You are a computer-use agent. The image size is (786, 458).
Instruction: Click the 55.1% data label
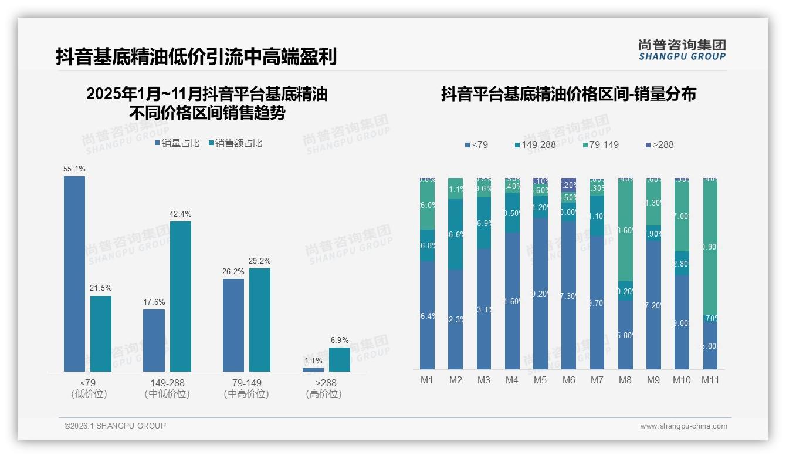click(74, 169)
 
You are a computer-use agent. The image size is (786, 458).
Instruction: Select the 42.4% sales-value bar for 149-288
click(181, 297)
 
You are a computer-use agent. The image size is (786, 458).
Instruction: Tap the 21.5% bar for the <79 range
click(101, 334)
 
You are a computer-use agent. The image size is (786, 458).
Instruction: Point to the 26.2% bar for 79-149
click(233, 325)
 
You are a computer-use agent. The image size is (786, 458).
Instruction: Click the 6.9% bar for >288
click(339, 359)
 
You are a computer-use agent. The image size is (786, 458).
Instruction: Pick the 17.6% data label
click(154, 302)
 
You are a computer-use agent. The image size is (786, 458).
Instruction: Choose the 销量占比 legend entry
click(177, 143)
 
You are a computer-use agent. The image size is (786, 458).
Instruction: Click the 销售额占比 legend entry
click(235, 143)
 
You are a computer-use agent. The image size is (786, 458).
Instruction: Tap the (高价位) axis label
click(324, 394)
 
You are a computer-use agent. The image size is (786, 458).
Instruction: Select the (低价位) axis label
click(89, 394)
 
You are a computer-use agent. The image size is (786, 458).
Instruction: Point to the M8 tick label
click(625, 380)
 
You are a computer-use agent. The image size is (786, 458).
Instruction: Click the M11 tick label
click(711, 380)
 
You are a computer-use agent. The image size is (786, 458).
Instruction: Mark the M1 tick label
click(427, 380)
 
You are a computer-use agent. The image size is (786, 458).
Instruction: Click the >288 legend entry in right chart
click(659, 144)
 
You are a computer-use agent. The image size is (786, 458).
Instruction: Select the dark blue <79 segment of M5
click(540, 294)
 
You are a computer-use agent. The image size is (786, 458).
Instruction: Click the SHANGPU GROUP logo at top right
click(682, 50)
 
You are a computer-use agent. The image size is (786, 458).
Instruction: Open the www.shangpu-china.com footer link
click(683, 426)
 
